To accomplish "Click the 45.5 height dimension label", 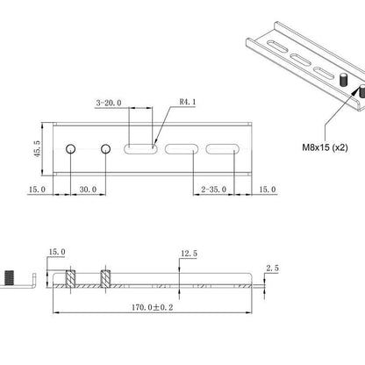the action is coord(37,149).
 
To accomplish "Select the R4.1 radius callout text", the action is coord(188,102).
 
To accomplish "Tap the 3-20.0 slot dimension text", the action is coord(109,103).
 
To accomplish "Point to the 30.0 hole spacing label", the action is coord(88,190).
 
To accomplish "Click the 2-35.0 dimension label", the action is coord(213,190).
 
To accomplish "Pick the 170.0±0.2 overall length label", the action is coord(152,307).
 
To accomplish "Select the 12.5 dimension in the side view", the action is coord(189,254).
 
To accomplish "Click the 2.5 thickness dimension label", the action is coord(272,268).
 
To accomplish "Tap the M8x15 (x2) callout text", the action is coord(325,147).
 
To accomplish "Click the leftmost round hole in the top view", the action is coord(70,149).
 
